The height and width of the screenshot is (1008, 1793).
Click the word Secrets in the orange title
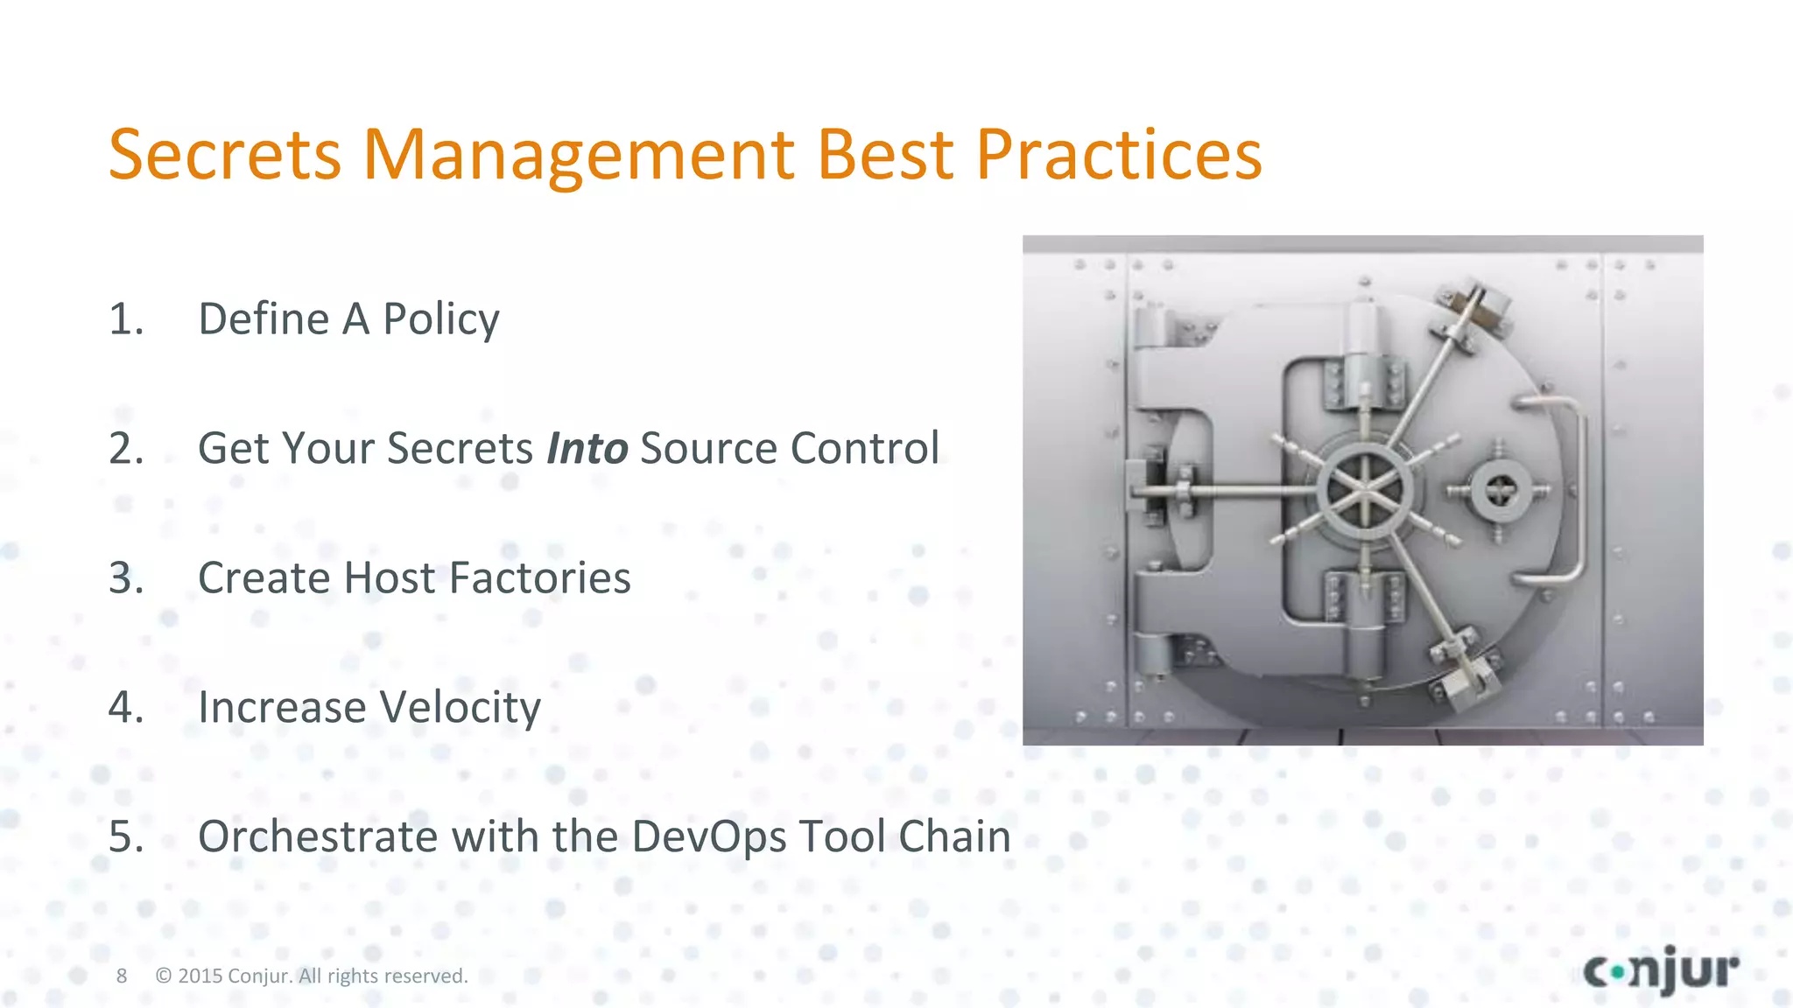pyautogui.click(x=224, y=155)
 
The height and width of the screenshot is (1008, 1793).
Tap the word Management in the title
pyautogui.click(x=579, y=155)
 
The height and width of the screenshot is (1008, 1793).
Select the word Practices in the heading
pyautogui.click(x=1118, y=155)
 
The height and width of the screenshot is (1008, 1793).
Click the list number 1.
pyautogui.click(x=125, y=318)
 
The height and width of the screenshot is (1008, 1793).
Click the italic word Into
pyautogui.click(x=587, y=448)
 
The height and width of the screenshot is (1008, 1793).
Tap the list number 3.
pyautogui.click(x=126, y=577)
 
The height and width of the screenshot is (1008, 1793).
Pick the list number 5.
pyautogui.click(x=126, y=836)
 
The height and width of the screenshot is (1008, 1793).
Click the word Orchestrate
pyautogui.click(x=319, y=836)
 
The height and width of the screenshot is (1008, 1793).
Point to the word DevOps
pyautogui.click(x=708, y=837)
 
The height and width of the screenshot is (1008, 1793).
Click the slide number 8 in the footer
pyautogui.click(x=122, y=976)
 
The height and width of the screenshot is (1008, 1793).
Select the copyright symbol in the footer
pyautogui.click(x=163, y=976)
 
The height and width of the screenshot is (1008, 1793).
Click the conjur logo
pyautogui.click(x=1661, y=970)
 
